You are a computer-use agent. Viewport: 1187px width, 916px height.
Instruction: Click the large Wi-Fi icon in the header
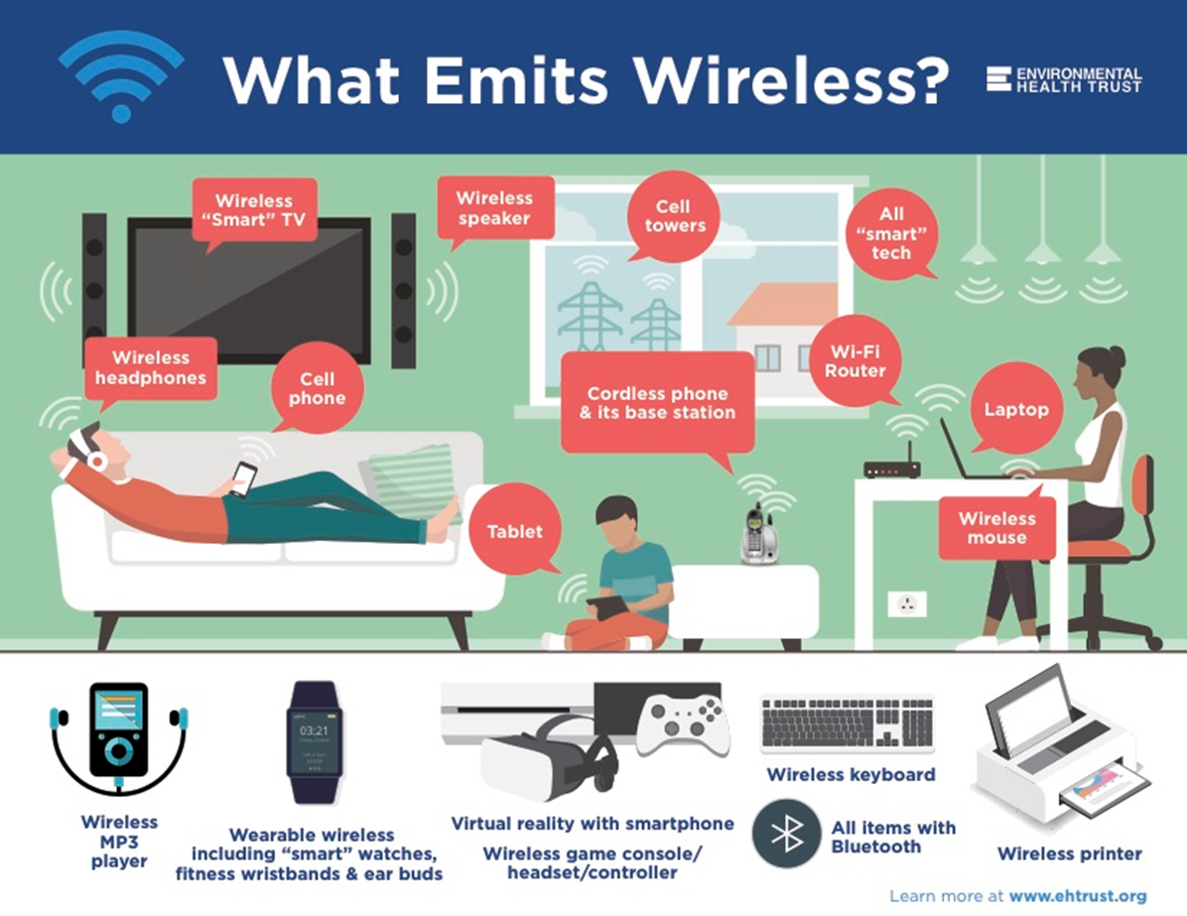click(120, 76)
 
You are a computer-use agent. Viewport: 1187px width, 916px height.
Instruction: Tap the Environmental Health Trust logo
click(1064, 79)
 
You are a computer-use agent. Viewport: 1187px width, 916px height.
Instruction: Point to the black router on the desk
click(891, 468)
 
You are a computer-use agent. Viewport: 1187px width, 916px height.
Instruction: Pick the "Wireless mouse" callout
click(996, 528)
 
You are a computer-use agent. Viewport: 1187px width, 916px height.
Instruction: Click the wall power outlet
click(906, 603)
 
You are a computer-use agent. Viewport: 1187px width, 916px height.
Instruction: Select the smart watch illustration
click(314, 741)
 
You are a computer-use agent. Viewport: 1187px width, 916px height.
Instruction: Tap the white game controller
click(683, 724)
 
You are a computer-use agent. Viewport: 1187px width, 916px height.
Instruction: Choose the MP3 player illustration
click(119, 734)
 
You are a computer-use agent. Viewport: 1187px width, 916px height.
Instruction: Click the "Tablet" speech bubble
click(514, 532)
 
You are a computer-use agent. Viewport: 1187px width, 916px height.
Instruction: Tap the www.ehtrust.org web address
click(1077, 896)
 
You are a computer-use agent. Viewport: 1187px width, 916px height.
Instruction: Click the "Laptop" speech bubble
click(1016, 409)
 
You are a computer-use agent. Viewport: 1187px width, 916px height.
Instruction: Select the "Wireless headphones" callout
click(151, 367)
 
